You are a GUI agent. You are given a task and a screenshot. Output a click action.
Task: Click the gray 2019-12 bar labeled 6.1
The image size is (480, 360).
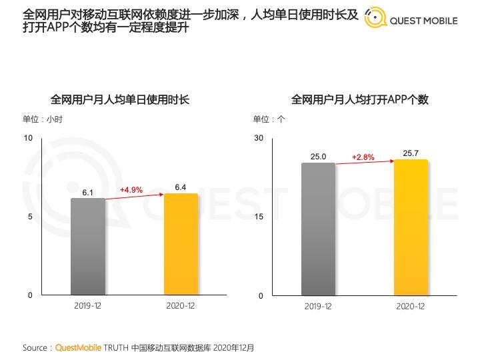[88, 246]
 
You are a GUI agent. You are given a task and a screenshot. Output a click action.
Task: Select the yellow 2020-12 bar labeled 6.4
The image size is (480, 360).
[181, 244]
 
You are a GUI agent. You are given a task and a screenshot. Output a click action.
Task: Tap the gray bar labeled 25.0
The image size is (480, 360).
[318, 229]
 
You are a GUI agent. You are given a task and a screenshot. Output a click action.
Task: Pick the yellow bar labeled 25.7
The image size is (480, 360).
[411, 227]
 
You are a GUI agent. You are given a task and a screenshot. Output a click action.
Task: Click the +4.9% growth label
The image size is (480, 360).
[131, 190]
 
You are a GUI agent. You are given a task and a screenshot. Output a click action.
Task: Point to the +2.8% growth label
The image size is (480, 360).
[363, 157]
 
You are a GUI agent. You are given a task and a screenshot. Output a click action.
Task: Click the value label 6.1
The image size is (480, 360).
[88, 193]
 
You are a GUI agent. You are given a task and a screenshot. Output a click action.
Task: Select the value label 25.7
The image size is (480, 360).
[411, 153]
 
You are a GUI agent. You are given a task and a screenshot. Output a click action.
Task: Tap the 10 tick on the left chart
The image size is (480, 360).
[28, 138]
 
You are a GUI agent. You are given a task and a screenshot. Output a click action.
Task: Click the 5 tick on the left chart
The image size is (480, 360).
[30, 217]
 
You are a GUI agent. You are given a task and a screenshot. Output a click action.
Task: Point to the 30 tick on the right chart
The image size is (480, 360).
[259, 138]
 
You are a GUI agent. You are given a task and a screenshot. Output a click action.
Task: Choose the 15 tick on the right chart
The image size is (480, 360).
[259, 217]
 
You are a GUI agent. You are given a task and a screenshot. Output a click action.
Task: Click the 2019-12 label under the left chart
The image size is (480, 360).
[88, 306]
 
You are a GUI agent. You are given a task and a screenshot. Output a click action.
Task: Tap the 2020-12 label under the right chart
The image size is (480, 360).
[411, 306]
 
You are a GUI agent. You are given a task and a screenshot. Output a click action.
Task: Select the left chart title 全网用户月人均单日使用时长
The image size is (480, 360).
[120, 99]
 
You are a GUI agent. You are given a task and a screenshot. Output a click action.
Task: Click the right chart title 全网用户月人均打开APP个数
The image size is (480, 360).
[360, 99]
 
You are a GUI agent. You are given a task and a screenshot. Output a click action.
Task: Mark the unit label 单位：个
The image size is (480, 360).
[269, 119]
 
